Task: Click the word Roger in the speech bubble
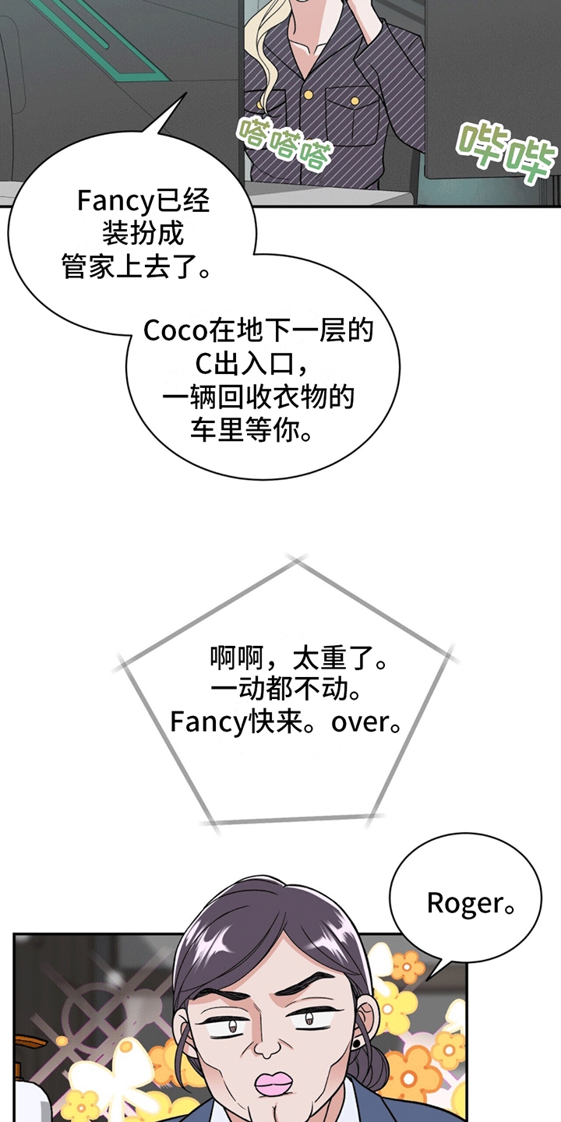coord(464,904)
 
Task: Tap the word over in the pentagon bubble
coord(361,722)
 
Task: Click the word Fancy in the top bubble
coord(111,202)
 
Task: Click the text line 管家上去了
coord(136,266)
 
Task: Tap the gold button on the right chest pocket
coord(355,101)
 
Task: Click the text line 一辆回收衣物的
coord(259,397)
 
